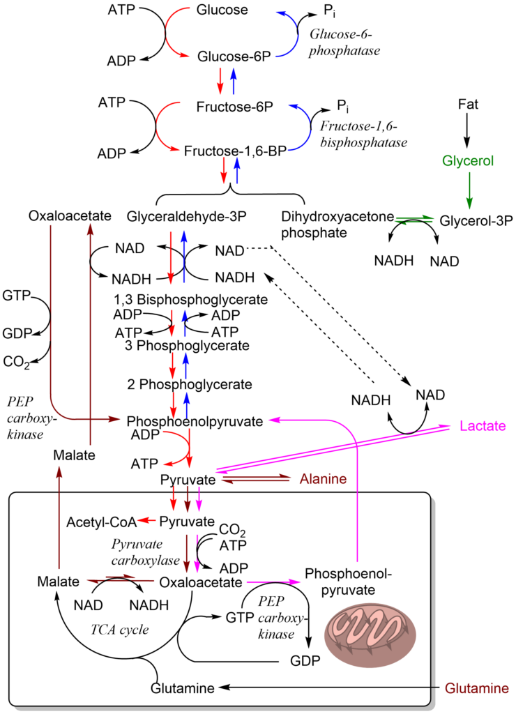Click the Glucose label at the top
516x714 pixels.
(222, 10)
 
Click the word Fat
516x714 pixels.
(467, 105)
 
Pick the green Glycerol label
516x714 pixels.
(467, 161)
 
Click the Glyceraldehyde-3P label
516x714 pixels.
(187, 217)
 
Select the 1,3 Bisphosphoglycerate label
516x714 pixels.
(191, 301)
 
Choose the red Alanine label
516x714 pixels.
(322, 479)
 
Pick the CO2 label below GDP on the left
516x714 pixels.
(15, 361)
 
